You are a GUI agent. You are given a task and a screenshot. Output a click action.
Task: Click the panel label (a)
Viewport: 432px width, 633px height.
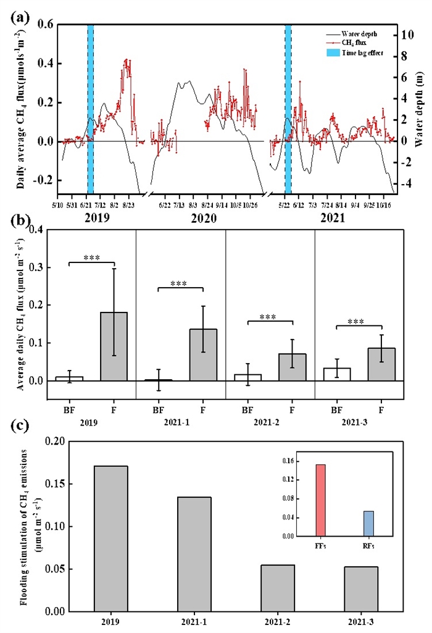[19, 18]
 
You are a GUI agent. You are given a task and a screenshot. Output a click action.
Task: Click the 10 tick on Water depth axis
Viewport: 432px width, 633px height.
[402, 35]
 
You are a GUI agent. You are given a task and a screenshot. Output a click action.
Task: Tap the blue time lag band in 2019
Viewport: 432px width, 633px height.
[90, 109]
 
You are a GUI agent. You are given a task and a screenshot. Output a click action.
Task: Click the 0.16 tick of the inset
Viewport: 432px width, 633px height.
[289, 461]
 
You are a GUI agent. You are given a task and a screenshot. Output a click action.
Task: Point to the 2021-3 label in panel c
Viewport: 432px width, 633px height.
[361, 621]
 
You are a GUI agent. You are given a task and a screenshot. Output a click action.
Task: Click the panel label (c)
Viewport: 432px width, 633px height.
[19, 428]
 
